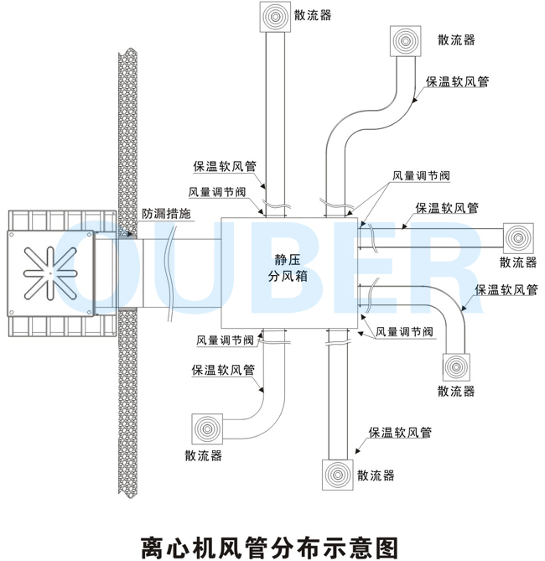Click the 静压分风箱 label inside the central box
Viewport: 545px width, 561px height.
tap(288, 268)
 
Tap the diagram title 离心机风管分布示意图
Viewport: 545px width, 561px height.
tap(270, 548)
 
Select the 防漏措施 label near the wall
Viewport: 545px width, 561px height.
tap(166, 214)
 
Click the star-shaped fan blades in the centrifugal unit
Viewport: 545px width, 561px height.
tap(50, 273)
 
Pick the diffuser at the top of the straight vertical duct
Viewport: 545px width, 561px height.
tap(275, 17)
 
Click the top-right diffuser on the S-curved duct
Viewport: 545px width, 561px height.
tap(405, 41)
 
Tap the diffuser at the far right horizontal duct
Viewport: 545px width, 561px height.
tap(518, 238)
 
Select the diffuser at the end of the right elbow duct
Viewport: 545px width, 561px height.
tap(456, 367)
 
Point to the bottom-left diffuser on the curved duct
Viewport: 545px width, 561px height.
tap(207, 429)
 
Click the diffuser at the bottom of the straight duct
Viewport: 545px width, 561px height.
tap(337, 475)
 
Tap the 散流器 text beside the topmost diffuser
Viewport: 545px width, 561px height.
tap(313, 15)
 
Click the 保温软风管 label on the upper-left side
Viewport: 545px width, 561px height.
tap(225, 166)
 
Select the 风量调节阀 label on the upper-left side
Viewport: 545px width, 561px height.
tap(217, 192)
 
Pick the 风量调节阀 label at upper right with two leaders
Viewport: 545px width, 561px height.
tap(421, 175)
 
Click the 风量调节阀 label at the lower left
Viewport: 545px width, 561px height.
tap(225, 340)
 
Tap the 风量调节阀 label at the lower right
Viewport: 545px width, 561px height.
tap(404, 332)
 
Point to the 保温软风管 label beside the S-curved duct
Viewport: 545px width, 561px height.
tap(457, 81)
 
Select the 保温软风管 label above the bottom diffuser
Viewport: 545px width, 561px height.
tap(400, 433)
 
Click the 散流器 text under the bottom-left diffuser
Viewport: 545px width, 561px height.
tap(203, 455)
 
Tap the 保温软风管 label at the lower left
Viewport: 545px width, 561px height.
tap(223, 370)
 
